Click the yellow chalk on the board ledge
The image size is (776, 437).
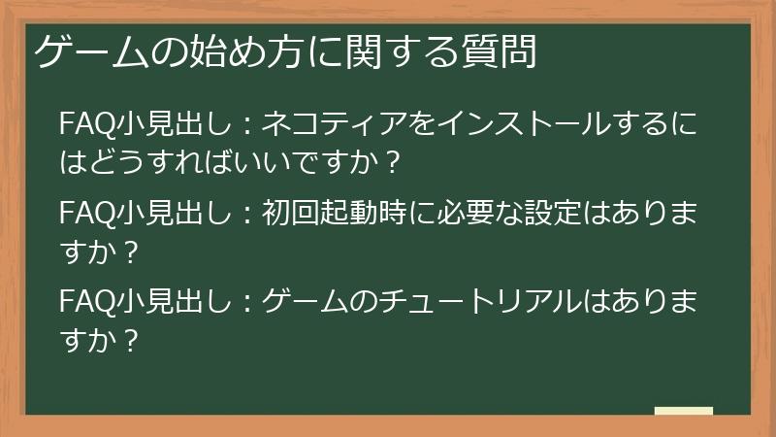click(683, 412)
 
